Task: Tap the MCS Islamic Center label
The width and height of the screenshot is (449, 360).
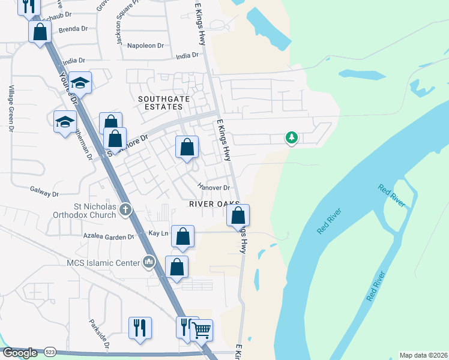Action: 104,262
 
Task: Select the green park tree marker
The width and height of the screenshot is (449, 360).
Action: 291,138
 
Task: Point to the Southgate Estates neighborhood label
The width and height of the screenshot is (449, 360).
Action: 160,103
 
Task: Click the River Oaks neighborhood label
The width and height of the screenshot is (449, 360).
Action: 214,204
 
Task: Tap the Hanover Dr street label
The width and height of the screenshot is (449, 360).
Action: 214,188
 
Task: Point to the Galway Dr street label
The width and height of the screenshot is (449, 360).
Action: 44,194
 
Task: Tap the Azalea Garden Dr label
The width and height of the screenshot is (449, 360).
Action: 109,237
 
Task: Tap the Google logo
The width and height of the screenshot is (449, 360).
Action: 20,353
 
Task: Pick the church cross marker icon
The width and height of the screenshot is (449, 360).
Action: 125,210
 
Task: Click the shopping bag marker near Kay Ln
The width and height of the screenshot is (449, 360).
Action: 182,236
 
